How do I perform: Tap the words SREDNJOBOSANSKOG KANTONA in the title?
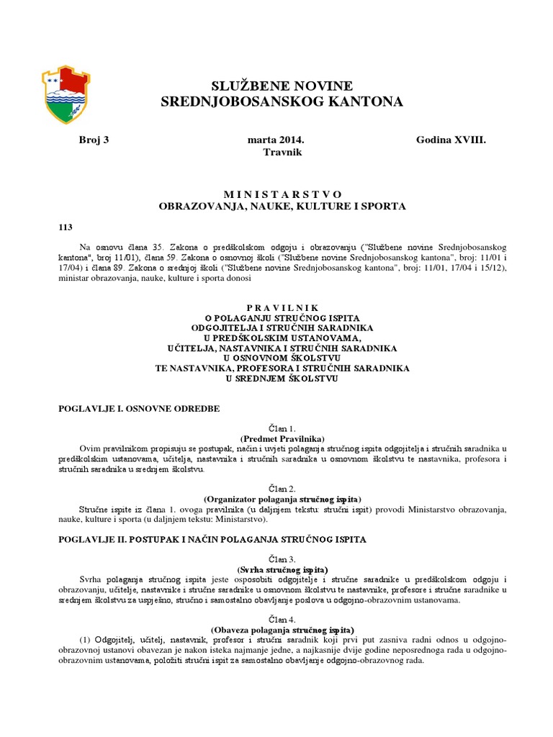tap(282, 103)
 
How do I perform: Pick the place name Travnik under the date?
tap(282, 153)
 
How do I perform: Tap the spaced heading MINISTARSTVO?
tap(282, 194)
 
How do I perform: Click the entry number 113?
tap(66, 227)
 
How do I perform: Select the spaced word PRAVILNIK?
tap(282, 307)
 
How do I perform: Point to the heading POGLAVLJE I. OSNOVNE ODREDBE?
tap(139, 408)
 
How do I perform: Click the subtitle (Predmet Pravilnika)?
tap(282, 438)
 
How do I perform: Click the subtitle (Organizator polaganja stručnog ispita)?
tap(282, 499)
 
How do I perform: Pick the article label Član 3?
tap(282, 559)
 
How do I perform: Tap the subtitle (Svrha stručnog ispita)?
tap(282, 569)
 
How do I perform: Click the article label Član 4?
tap(282, 620)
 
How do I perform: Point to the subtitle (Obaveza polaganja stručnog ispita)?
tap(282, 630)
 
